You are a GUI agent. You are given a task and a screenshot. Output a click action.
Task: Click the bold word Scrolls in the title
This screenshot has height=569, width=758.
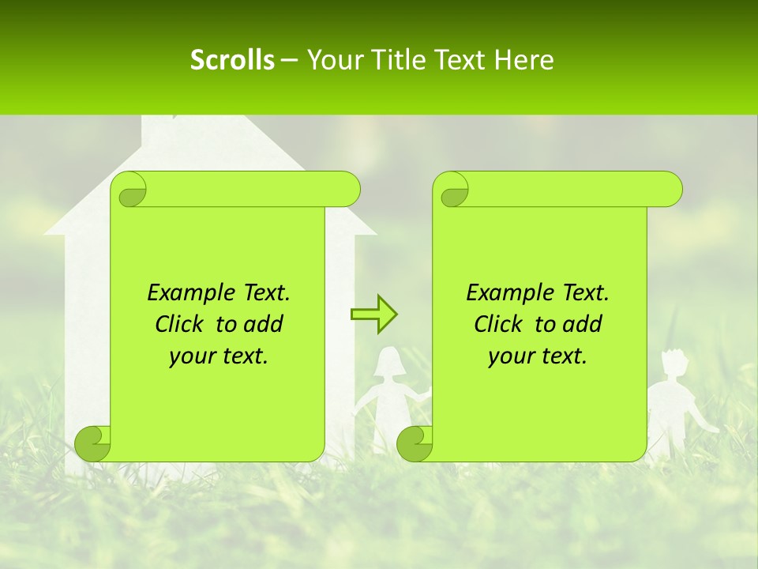pyautogui.click(x=232, y=60)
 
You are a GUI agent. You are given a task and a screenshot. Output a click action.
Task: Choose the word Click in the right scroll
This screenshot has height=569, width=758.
pyautogui.click(x=498, y=324)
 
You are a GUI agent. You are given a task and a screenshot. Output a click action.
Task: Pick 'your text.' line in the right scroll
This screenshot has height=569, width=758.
pyautogui.click(x=538, y=356)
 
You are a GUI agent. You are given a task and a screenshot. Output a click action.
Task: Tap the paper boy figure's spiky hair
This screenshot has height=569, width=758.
pyautogui.click(x=674, y=359)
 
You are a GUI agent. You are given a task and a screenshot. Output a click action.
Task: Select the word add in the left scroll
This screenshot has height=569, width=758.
pyautogui.click(x=264, y=324)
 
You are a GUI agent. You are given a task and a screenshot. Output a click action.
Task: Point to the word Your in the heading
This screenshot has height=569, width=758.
pyautogui.click(x=331, y=60)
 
